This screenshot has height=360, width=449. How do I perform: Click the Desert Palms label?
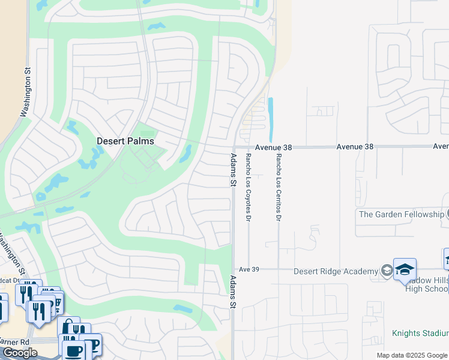(x=125, y=141)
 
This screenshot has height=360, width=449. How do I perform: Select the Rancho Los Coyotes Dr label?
(x=247, y=187)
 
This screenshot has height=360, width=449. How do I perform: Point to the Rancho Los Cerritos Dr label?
(x=278, y=187)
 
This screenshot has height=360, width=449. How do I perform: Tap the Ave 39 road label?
(x=249, y=270)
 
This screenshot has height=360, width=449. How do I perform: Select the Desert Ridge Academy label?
(x=336, y=271)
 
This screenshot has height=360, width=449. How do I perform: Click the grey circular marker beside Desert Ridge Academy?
(x=384, y=271)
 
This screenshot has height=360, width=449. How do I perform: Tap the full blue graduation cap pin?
(x=405, y=270)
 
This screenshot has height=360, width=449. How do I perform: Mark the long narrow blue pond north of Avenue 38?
(x=271, y=117)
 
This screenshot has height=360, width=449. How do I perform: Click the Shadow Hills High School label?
(x=427, y=286)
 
